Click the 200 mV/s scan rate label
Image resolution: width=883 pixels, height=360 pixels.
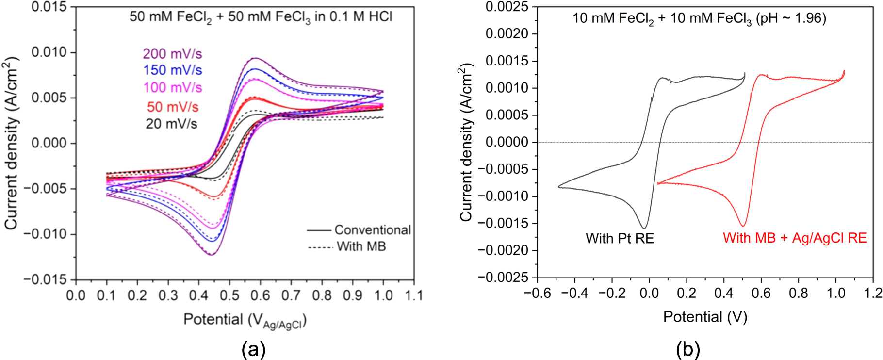pos(172,53)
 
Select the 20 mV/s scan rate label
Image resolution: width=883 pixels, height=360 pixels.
pos(171,124)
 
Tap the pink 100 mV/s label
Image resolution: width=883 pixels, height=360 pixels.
pos(172,88)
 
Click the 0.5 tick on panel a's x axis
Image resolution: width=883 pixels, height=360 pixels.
pos(229,295)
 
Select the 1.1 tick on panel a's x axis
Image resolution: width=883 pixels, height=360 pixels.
pos(413,295)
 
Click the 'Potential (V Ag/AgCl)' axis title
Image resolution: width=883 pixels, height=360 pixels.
pos(245,320)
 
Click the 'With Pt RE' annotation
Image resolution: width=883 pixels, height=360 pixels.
pos(620,239)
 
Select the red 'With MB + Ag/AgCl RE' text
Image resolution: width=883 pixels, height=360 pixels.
pos(794,238)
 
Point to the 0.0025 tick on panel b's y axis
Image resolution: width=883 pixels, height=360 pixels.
pos(507,7)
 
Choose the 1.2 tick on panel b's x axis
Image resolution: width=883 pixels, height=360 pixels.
pos(873,293)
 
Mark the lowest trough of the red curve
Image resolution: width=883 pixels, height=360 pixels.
pos(743,226)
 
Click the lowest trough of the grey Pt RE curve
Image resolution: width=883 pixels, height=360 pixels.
pos(644,228)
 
